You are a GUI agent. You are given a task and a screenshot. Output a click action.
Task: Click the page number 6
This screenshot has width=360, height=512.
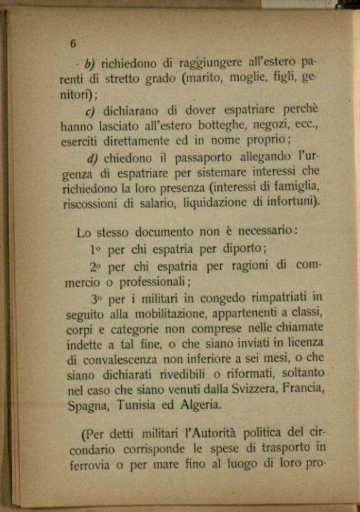pyautogui.click(x=73, y=43)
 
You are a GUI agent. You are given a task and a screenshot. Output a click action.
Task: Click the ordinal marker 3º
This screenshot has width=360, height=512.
pyautogui.click(x=96, y=298)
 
